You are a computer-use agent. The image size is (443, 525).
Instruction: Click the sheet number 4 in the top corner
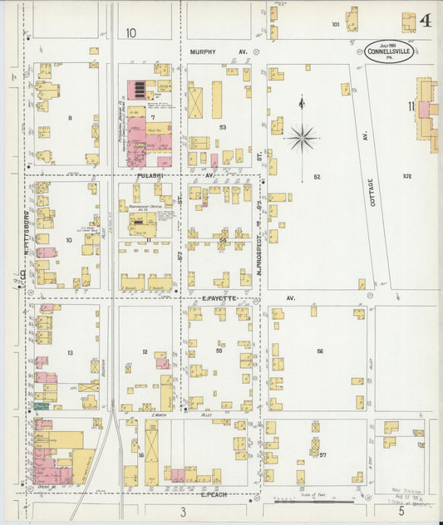pos(425,20)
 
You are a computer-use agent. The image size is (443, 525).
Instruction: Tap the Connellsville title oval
pos(386,50)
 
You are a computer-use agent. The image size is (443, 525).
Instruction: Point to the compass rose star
pos(301,136)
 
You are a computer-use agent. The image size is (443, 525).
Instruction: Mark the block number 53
pos(223,127)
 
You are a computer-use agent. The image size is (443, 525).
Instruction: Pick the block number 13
pos(71,353)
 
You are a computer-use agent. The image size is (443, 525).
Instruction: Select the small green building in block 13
pos(41,405)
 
